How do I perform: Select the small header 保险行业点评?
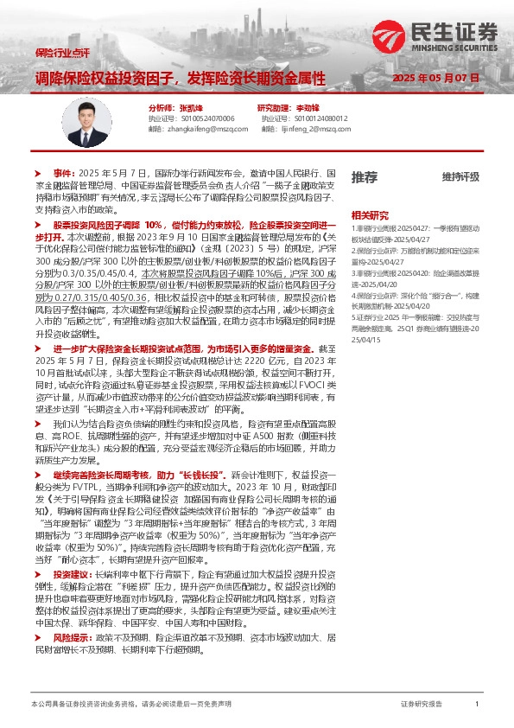tap(63, 53)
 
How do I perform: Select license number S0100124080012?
tap(316, 118)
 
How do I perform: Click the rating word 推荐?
tap(365, 177)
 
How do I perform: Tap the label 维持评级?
tap(460, 177)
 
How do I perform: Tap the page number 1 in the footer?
tap(477, 705)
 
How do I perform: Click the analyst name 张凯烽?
tap(192, 107)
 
